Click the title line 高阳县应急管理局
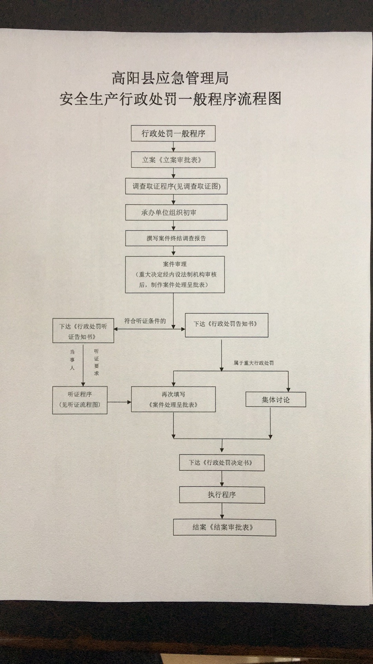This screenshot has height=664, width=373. [x=170, y=79]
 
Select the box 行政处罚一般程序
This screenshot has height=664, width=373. [x=173, y=133]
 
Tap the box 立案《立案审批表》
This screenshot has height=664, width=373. [x=173, y=160]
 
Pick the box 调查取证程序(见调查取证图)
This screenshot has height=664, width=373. [x=176, y=186]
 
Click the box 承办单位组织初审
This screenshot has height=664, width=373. [x=176, y=212]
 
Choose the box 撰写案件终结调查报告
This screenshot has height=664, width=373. [x=176, y=238]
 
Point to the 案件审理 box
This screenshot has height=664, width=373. [x=175, y=275]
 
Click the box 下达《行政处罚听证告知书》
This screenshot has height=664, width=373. [x=83, y=331]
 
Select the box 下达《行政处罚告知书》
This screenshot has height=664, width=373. [x=227, y=325]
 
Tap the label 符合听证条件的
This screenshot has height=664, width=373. [x=145, y=321]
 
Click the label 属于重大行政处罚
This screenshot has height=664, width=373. [x=254, y=363]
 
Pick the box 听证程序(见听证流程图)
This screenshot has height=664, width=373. [x=80, y=400]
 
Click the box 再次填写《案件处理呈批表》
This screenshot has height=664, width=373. [x=173, y=399]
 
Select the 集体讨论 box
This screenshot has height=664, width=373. [x=276, y=400]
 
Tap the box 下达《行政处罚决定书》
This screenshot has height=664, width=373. [x=222, y=463]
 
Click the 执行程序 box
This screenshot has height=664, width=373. [x=222, y=495]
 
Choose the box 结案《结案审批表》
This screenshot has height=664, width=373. [x=224, y=527]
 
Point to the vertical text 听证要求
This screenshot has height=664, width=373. [x=96, y=362]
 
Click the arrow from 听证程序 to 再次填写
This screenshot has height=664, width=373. [x=119, y=402]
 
